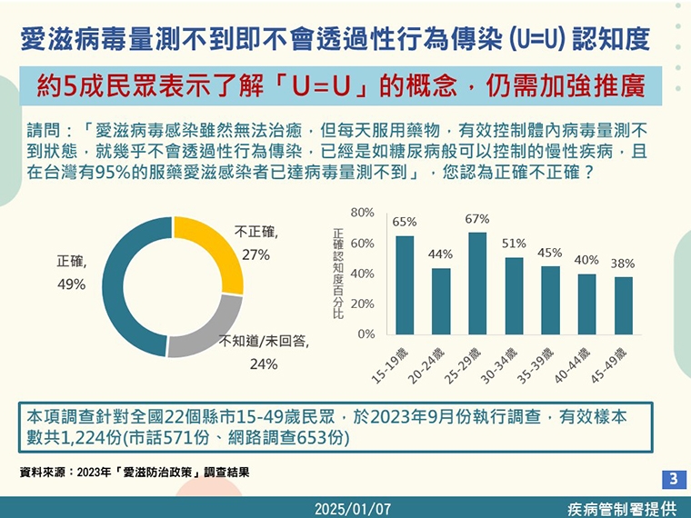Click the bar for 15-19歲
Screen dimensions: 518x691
point(405,285)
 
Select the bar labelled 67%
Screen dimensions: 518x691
point(477,284)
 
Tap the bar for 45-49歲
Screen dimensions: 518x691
point(623,305)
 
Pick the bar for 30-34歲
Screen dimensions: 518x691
point(514,295)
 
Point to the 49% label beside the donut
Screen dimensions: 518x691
point(71,284)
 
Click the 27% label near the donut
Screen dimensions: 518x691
point(255,255)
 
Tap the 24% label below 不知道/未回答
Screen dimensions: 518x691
point(263,364)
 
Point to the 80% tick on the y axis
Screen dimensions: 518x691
point(362,213)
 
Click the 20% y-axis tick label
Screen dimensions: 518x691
point(362,304)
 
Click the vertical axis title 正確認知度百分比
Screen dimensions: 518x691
point(338,274)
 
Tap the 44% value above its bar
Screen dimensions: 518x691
point(441,254)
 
